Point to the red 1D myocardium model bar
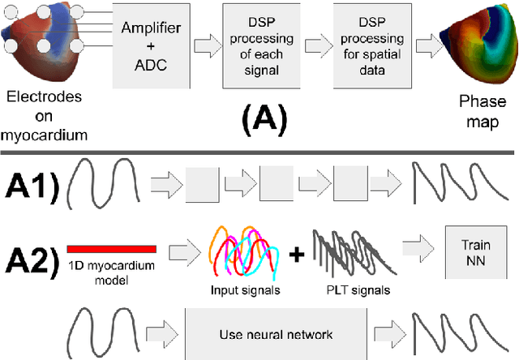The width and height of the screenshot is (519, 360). point(112,247)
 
